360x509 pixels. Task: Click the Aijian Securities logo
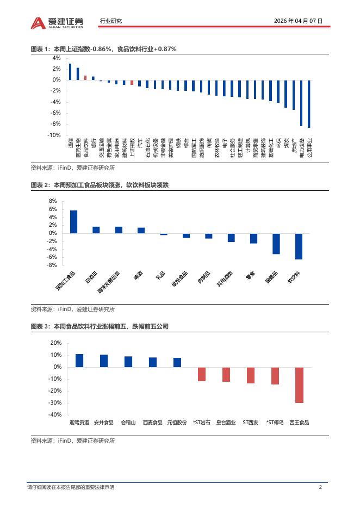click(57, 22)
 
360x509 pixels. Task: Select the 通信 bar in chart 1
click(70, 72)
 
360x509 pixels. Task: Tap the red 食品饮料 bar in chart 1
click(85, 78)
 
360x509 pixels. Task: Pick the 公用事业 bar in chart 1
click(309, 104)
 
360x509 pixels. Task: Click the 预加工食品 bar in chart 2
click(73, 222)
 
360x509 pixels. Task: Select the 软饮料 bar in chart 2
click(299, 246)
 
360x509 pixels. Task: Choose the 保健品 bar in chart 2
click(276, 244)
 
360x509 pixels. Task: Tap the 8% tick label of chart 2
click(53, 201)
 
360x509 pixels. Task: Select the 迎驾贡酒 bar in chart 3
click(79, 361)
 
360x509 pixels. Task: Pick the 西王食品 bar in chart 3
click(299, 385)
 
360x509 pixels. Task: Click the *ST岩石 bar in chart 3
click(202, 374)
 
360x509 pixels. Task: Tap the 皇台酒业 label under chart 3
click(226, 422)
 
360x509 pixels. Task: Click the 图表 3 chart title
click(100, 326)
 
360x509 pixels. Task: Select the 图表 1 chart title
click(103, 49)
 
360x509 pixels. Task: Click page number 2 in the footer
click(320, 487)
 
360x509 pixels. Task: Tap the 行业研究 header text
click(111, 21)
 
